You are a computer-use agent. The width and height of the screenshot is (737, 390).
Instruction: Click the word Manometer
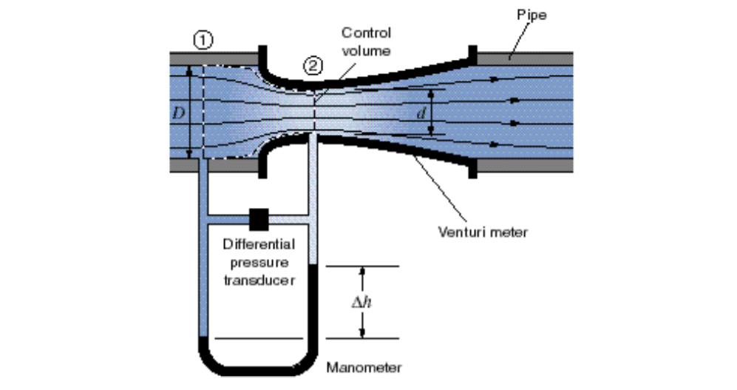click(365, 366)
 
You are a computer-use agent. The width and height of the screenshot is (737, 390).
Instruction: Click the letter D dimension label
click(177, 113)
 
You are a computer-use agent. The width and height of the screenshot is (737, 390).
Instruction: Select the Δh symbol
click(361, 303)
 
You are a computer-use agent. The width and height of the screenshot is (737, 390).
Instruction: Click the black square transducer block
click(258, 218)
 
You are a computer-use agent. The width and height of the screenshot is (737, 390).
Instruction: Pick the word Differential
click(259, 244)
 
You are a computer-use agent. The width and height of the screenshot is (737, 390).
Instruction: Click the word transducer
click(259, 280)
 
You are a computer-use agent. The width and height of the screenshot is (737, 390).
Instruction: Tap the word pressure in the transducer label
click(259, 263)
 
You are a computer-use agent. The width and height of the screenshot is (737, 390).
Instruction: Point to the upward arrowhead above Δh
click(361, 272)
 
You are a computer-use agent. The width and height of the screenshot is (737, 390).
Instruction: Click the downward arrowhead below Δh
click(361, 334)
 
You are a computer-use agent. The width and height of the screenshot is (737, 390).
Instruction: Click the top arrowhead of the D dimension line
click(191, 71)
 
